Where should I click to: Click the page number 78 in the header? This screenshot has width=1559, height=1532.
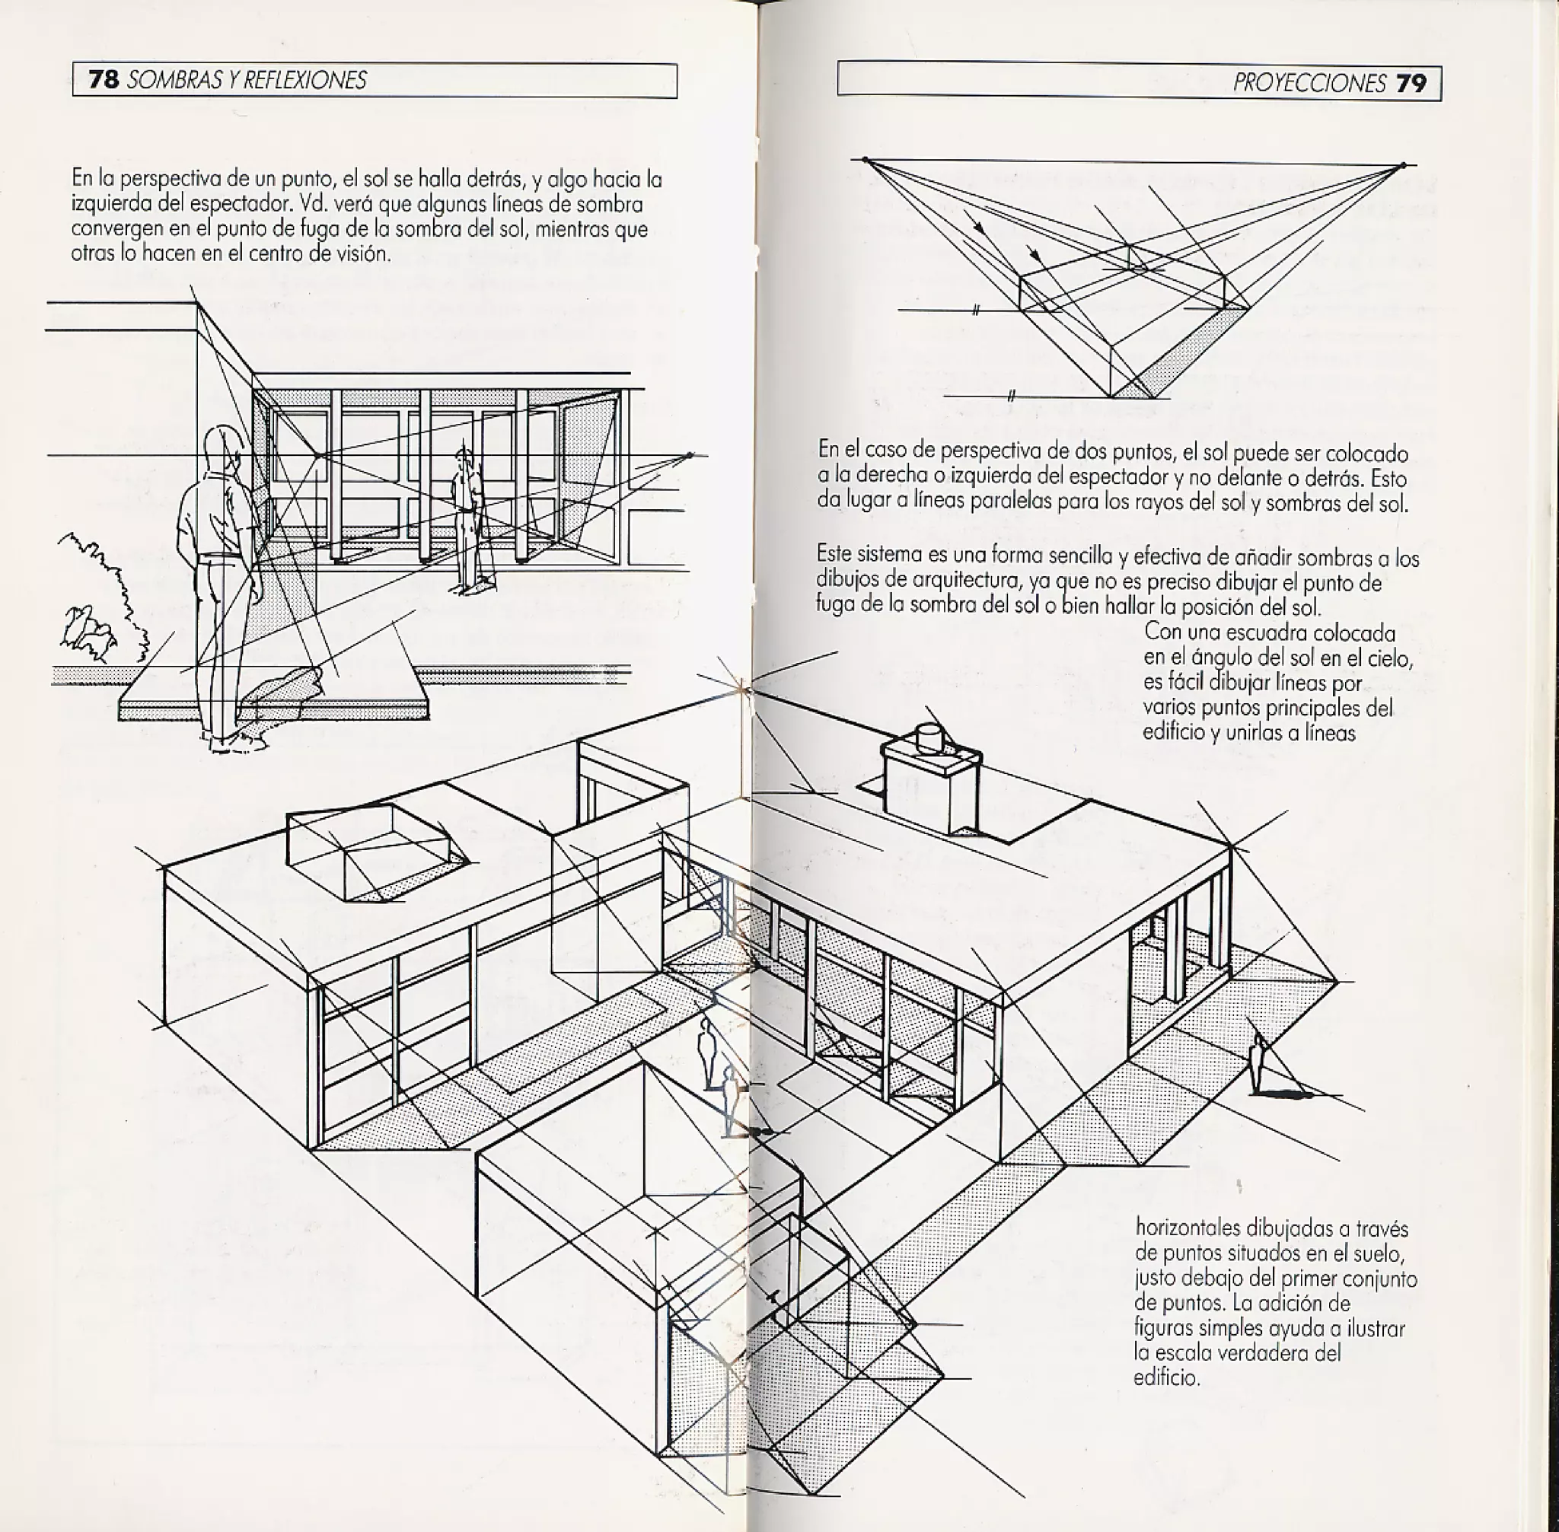(x=103, y=80)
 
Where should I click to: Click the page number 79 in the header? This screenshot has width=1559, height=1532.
(x=1411, y=84)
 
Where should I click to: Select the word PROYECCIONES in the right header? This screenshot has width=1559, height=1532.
(x=1309, y=84)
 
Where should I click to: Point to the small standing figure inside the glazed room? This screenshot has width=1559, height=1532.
(x=465, y=515)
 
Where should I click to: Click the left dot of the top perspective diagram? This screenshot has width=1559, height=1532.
(x=866, y=160)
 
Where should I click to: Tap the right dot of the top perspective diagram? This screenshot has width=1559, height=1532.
(x=1403, y=166)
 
